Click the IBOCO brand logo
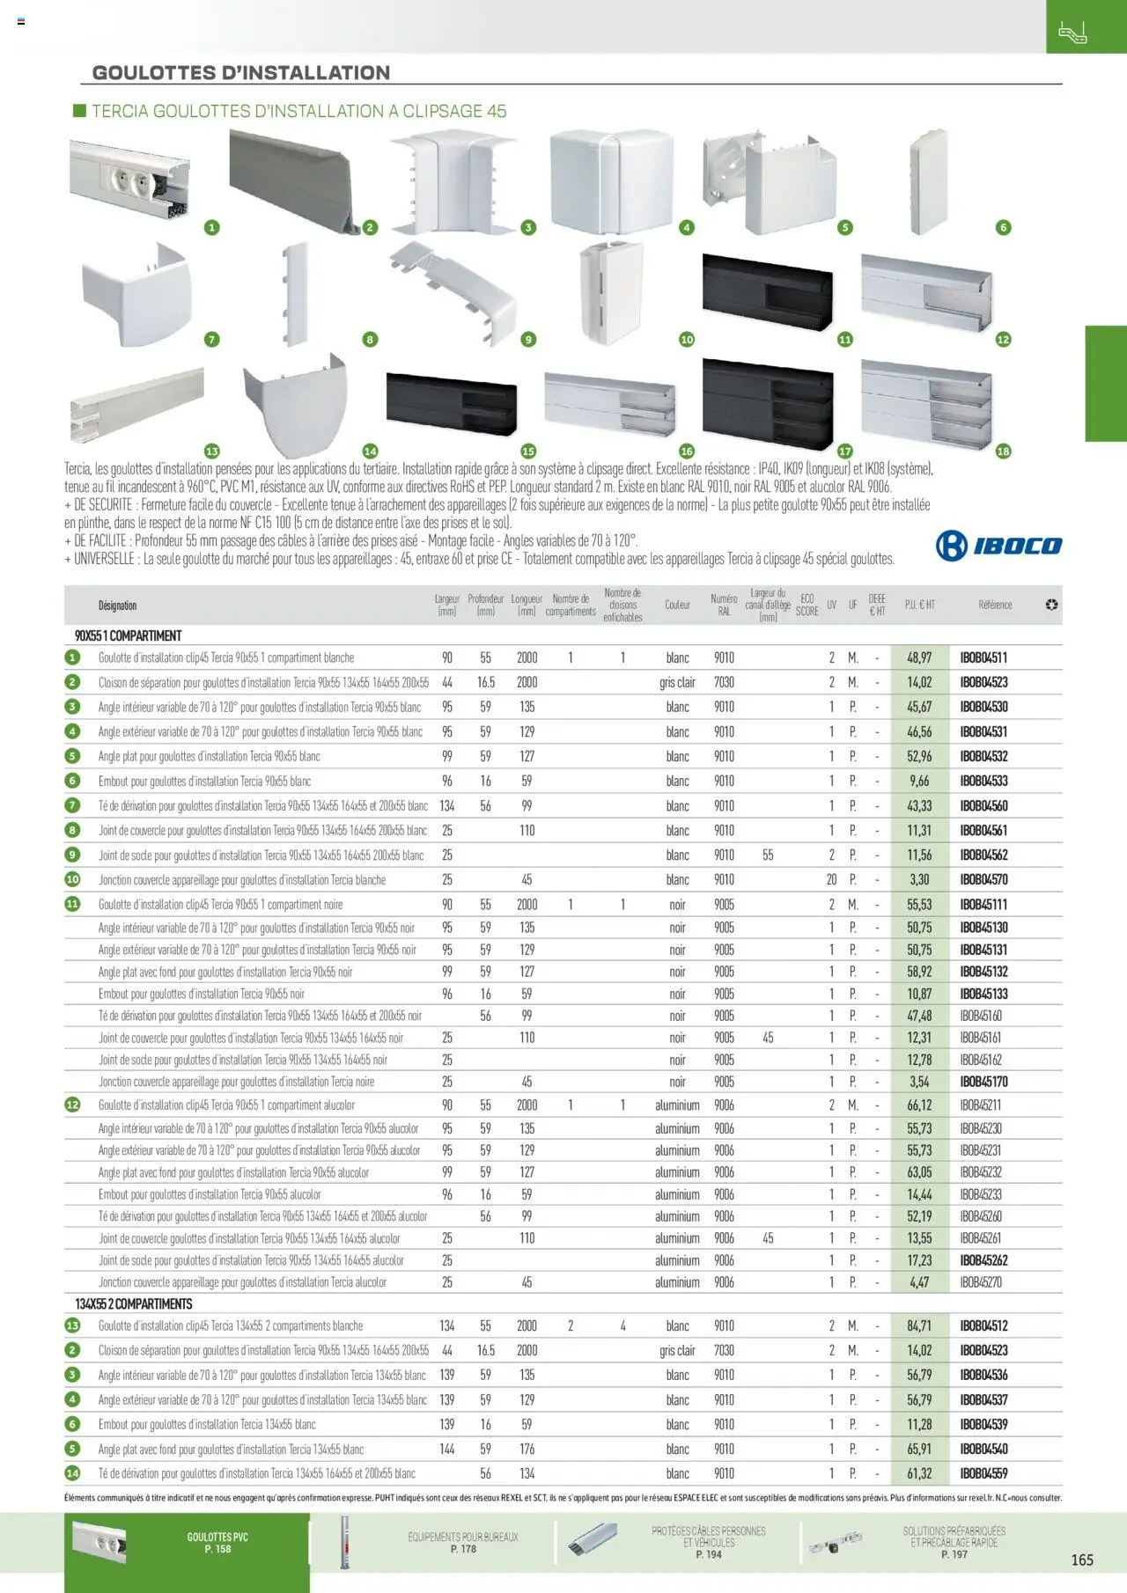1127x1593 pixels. [x=998, y=546]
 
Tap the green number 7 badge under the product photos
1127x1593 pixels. [x=211, y=339]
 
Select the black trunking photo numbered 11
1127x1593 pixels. [x=767, y=292]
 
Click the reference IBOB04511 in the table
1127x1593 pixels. [x=983, y=657]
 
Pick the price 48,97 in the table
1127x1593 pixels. [x=919, y=657]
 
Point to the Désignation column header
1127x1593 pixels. [x=117, y=606]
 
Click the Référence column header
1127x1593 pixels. [x=995, y=605]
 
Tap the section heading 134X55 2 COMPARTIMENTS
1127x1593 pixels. [x=134, y=1303]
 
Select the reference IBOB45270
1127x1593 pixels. [x=981, y=1282]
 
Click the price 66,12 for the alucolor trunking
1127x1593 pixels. [x=919, y=1105]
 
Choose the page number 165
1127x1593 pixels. [x=1082, y=1560]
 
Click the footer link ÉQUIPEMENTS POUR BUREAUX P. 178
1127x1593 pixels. [x=462, y=1543]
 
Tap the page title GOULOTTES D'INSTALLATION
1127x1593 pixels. [x=241, y=73]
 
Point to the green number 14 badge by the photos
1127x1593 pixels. [x=370, y=451]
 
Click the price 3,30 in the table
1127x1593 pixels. [x=919, y=879]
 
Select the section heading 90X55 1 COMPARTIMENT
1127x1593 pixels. [x=129, y=635]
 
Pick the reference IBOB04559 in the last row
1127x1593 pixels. [x=983, y=1473]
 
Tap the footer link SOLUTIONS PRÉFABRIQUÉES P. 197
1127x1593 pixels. [x=954, y=1543]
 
